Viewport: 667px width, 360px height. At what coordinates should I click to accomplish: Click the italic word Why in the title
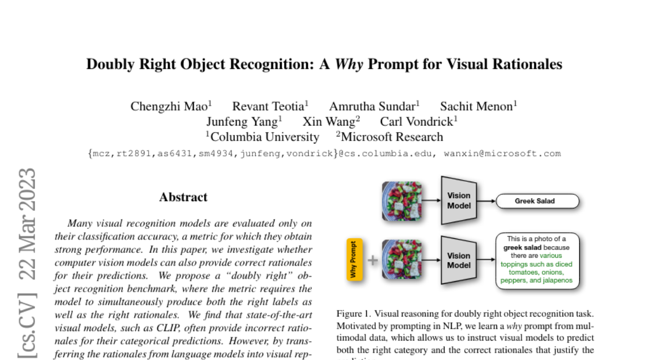pos(349,64)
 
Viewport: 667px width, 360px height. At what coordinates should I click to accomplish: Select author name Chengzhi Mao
pos(169,106)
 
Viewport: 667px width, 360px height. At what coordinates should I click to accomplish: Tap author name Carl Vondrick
pos(417,122)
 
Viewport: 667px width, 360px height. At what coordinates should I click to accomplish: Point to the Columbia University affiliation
pos(263,137)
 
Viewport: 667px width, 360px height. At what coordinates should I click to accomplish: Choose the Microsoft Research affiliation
pos(391,137)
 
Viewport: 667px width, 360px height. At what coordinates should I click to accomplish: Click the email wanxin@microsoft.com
pos(502,153)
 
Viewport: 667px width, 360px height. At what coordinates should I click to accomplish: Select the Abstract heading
pos(183,197)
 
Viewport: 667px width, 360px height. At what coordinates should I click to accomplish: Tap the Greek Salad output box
pos(537,201)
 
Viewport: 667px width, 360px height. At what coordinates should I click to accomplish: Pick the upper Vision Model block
pos(459,201)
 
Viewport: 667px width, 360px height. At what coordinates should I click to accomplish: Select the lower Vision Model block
pos(459,261)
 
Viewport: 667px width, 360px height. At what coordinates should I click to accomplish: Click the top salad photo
pos(402,201)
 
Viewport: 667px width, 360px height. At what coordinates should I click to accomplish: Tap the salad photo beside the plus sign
pos(402,260)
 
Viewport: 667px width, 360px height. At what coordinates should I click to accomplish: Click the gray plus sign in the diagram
pos(372,260)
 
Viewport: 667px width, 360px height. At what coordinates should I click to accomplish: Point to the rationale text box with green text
pos(537,261)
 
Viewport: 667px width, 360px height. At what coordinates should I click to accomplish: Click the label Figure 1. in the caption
pos(352,313)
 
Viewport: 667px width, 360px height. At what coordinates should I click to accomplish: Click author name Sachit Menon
pos(479,106)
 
